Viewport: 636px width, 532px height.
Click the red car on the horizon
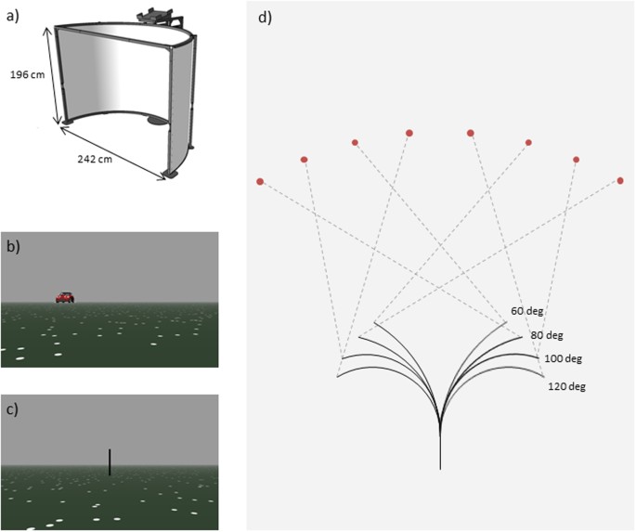point(64,297)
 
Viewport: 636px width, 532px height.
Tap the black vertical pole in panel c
point(110,462)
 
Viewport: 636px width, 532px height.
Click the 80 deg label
point(546,335)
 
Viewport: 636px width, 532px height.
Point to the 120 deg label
point(566,385)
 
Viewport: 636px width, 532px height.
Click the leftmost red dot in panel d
point(260,181)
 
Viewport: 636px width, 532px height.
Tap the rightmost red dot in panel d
point(620,180)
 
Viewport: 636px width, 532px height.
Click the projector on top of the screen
point(155,16)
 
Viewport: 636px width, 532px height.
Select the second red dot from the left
point(305,160)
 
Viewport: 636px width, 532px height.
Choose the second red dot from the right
point(577,160)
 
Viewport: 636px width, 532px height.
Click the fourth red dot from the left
point(409,133)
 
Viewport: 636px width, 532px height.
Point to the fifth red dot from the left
point(471,133)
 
